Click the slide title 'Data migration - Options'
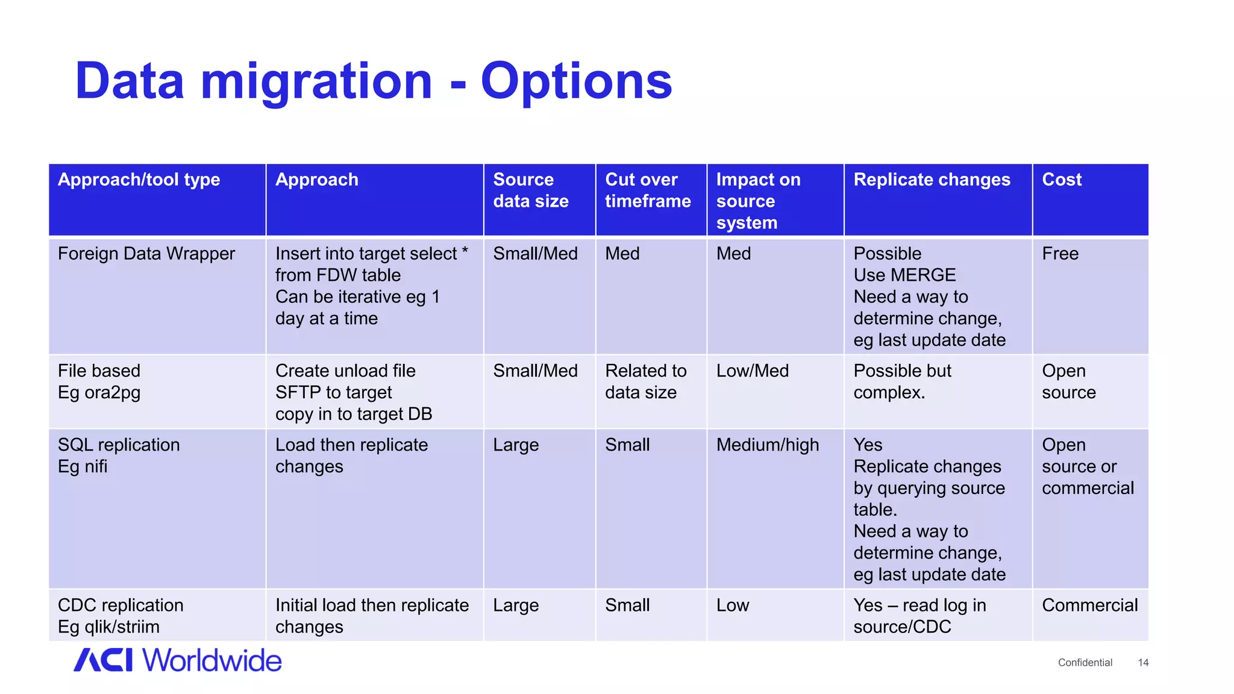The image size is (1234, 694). [374, 81]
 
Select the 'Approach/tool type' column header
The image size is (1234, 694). [139, 180]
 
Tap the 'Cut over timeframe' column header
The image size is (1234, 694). [648, 190]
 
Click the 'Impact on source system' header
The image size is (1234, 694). [758, 201]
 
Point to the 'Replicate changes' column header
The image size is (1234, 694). [932, 180]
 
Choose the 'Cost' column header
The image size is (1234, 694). [1062, 180]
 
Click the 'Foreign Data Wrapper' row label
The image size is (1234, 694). [146, 254]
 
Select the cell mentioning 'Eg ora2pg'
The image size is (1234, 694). [99, 382]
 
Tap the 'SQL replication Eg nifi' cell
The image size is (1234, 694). [119, 455]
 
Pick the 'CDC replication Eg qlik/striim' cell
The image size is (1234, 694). [121, 616]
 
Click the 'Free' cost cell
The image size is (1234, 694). [1060, 254]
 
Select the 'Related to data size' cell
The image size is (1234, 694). [645, 382]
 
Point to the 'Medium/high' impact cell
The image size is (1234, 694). [768, 445]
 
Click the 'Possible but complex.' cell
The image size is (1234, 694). [902, 382]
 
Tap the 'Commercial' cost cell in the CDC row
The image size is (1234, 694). [1089, 605]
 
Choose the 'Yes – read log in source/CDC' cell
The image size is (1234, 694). [919, 616]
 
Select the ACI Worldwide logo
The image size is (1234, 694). [178, 660]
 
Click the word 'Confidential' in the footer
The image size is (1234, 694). [1085, 663]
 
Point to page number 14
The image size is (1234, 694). [1143, 663]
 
